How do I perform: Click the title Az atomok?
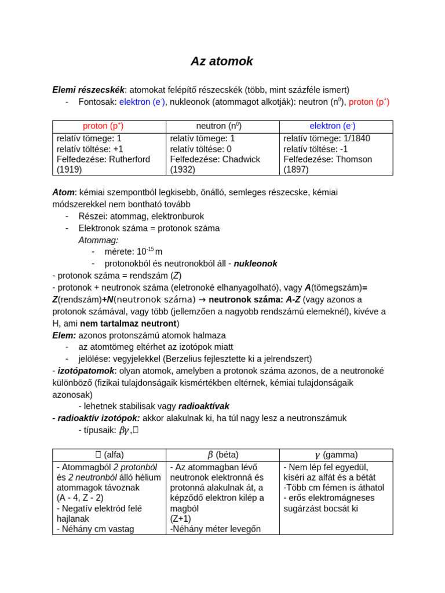tap(222, 61)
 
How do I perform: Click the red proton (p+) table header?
tap(103, 126)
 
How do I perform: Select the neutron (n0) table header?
tap(218, 126)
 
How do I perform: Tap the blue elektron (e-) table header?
tap(332, 126)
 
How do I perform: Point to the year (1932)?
tap(183, 170)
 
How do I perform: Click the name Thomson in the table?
tap(358, 159)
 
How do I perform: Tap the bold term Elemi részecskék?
tap(88, 90)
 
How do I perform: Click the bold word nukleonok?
tap(256, 263)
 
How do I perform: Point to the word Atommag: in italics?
tap(99, 240)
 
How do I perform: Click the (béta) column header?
tap(223, 455)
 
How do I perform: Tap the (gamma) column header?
tap(336, 455)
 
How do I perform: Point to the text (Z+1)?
tap(181, 518)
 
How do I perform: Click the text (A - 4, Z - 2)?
tap(80, 497)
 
